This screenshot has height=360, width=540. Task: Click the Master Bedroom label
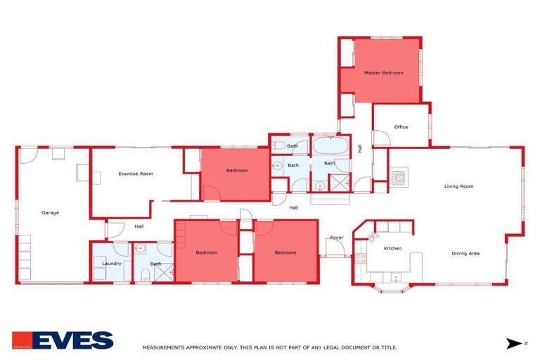pyautogui.click(x=383, y=72)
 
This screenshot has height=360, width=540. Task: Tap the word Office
pyautogui.click(x=401, y=127)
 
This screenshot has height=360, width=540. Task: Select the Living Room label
pyautogui.click(x=458, y=186)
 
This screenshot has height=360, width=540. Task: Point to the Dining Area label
pyautogui.click(x=465, y=253)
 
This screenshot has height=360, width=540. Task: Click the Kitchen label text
pyautogui.click(x=392, y=249)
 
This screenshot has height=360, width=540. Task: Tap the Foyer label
pyautogui.click(x=337, y=238)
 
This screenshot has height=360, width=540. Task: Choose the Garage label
pyautogui.click(x=50, y=212)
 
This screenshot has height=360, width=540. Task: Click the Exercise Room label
pyautogui.click(x=136, y=173)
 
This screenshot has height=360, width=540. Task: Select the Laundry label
pyautogui.click(x=112, y=264)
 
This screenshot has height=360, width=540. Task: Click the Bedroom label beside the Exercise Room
pyautogui.click(x=236, y=170)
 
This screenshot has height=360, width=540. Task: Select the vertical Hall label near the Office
pyautogui.click(x=361, y=148)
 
